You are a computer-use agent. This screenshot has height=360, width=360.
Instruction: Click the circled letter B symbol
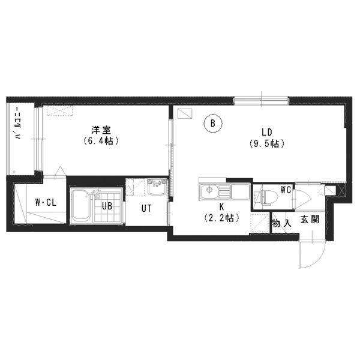(x=213, y=123)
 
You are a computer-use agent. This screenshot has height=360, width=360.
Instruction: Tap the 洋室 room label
(x=101, y=130)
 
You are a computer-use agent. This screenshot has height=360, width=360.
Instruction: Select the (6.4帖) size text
(x=101, y=140)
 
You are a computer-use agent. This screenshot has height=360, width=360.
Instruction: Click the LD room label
(x=267, y=132)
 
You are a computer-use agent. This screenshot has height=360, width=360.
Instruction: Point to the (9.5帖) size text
(x=267, y=143)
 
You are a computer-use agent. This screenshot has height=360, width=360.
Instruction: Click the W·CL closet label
(x=46, y=203)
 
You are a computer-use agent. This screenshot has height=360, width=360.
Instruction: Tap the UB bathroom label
(x=107, y=206)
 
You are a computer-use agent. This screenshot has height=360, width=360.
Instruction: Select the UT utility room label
(x=146, y=208)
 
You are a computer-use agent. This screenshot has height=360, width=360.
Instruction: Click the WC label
(x=286, y=190)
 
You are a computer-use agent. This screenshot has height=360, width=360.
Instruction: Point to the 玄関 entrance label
(x=310, y=220)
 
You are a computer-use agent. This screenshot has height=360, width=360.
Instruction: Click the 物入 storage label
(x=282, y=223)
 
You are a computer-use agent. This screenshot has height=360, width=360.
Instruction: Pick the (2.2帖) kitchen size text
(x=221, y=217)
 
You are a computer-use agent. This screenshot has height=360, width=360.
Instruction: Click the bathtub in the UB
(x=80, y=206)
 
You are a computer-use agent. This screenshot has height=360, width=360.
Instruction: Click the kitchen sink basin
(x=209, y=192)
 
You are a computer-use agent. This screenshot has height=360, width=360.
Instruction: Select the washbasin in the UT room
(x=157, y=187)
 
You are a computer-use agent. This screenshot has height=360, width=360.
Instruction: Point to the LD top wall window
(x=261, y=101)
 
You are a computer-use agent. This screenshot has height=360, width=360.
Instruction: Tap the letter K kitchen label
(x=221, y=206)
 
